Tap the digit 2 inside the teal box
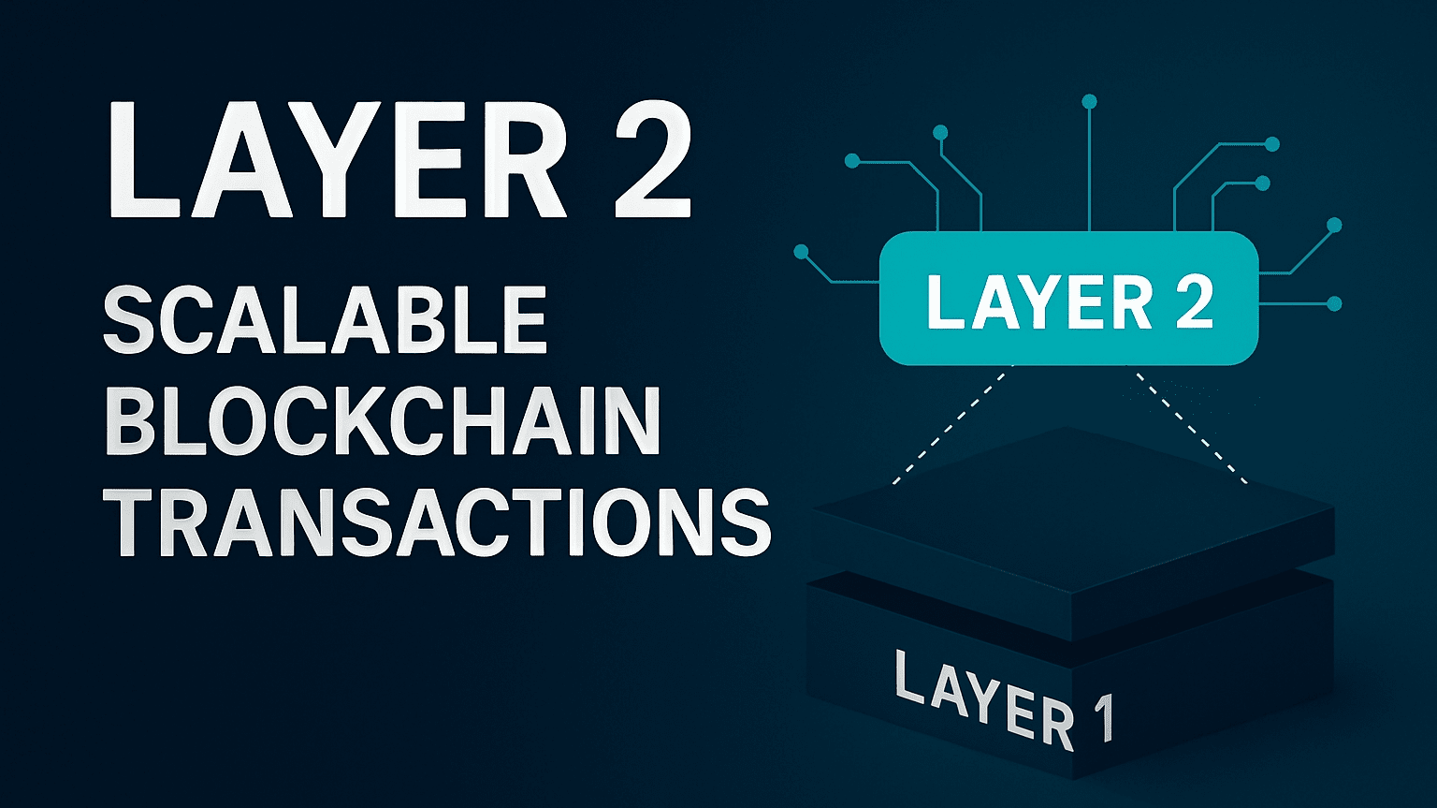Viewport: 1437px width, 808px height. pos(1195,301)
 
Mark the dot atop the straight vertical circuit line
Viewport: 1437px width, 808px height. pos(1089,101)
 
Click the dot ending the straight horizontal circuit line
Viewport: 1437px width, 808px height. pos(1335,303)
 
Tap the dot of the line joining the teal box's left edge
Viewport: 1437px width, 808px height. pos(801,251)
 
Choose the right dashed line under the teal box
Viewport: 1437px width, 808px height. pos(1191,426)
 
